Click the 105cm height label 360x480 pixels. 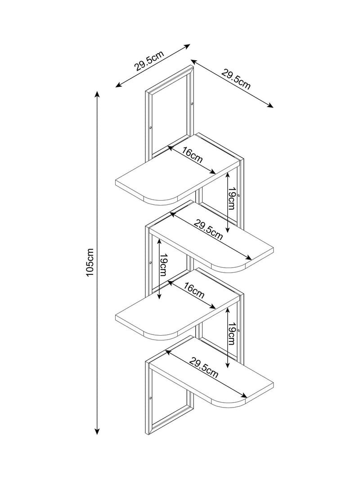(90, 262)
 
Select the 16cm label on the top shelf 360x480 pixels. (193, 155)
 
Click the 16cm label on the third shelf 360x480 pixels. (194, 290)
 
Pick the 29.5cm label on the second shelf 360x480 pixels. (208, 230)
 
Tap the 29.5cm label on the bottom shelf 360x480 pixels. (204, 368)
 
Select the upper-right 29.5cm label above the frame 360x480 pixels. (236, 80)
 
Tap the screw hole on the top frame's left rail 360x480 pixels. (151, 128)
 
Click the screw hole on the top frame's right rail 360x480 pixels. (192, 104)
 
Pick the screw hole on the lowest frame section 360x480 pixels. (151, 398)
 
